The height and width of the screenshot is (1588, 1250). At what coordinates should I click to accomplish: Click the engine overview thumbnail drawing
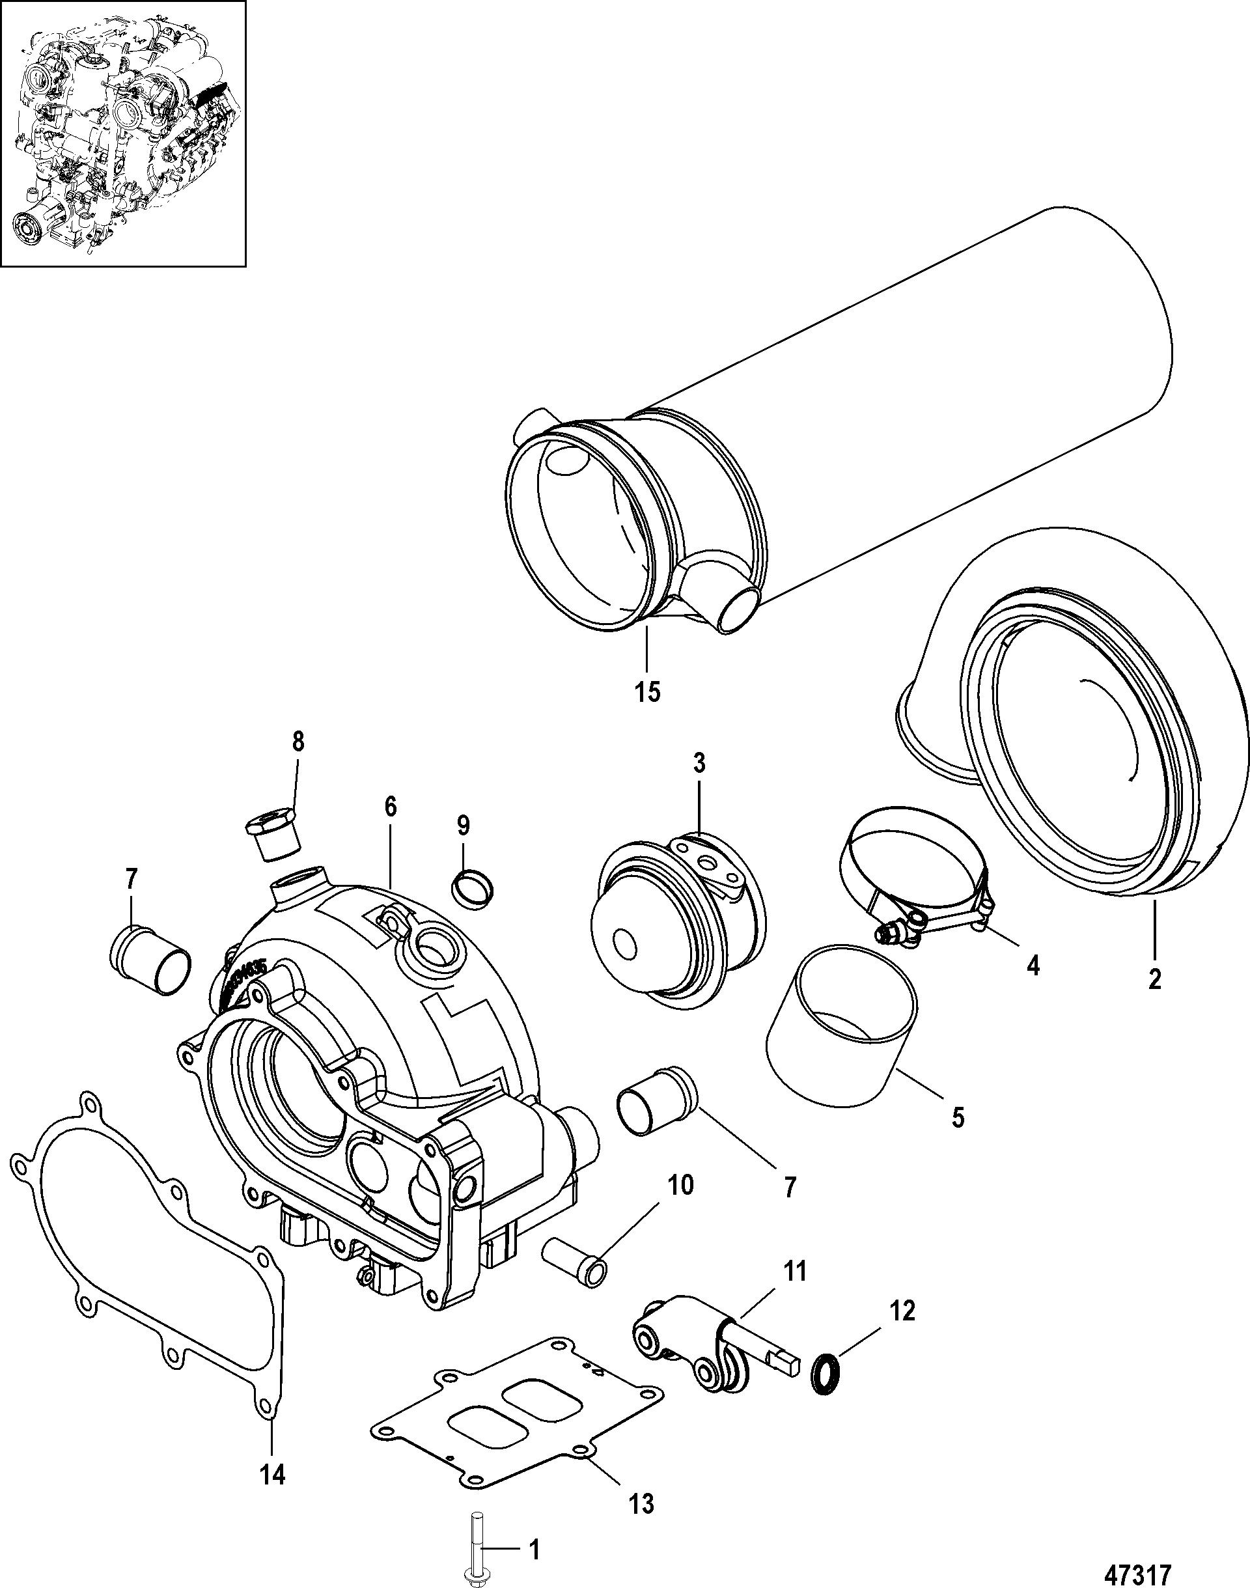[122, 134]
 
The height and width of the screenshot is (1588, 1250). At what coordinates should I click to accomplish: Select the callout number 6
[389, 807]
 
